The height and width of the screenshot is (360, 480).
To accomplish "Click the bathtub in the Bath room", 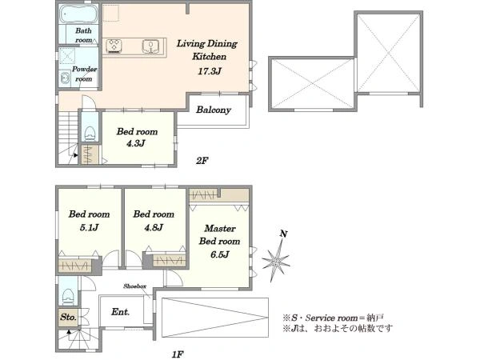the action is coord(78,14).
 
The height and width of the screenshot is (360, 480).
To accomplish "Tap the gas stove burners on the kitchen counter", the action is coord(114,46).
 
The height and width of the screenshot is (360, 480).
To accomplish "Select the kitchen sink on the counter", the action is coord(150,46).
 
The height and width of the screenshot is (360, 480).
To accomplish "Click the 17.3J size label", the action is coord(210,72).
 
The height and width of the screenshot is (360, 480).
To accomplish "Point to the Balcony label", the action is coord(214,110).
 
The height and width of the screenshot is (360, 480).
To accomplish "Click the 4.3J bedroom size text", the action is coord(135,143).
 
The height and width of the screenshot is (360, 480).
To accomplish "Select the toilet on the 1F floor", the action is coord(68,296).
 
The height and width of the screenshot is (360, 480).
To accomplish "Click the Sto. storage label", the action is coord(68,317).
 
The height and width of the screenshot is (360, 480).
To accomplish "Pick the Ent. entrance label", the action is coord(120,312).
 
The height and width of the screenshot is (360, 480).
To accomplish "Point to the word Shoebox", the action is coord(134,286).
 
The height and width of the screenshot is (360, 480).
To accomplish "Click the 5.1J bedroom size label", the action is coord(89,227).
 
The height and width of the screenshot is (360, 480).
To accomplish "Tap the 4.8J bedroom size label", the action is coord(154,227).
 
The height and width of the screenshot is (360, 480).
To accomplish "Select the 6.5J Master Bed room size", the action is coord(219,254).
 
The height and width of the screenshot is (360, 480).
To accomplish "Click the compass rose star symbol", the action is coord(275,261).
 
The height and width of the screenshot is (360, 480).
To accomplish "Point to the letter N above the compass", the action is coord(284,234).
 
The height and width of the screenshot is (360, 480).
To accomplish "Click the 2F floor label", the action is coord(202,161).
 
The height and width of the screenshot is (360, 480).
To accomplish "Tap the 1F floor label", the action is coord(178,354).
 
